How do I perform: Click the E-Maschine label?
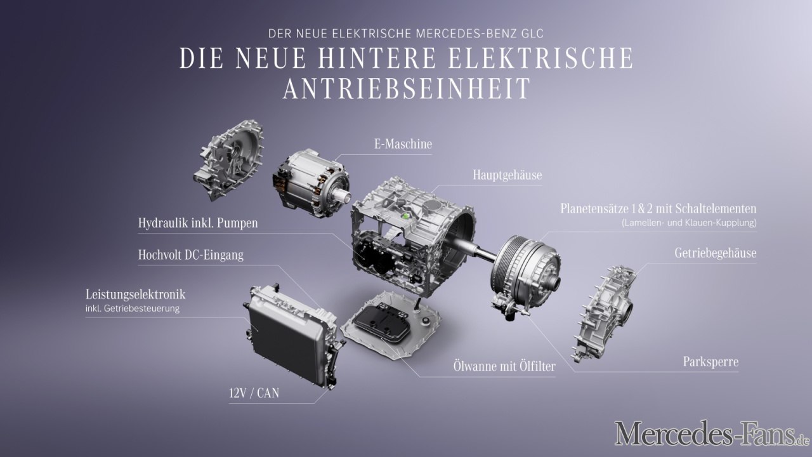coord(403,144)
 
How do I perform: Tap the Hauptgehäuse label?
coord(507,175)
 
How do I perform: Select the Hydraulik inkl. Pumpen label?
coord(198,223)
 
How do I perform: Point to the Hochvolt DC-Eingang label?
coord(191,255)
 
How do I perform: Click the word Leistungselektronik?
coord(135,295)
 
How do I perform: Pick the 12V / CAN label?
coord(254,393)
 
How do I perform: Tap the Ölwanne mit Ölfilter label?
coord(504,366)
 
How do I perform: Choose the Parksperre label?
coord(710,362)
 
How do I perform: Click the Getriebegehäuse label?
coord(715,253)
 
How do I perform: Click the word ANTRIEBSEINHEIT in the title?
coord(407,88)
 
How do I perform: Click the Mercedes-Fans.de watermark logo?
coord(712,433)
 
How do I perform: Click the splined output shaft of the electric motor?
coord(342,197)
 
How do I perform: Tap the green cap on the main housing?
coord(406,216)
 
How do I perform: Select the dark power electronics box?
coord(292,336)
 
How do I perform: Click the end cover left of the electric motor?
coord(228,160)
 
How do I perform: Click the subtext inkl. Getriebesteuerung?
coord(133,308)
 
